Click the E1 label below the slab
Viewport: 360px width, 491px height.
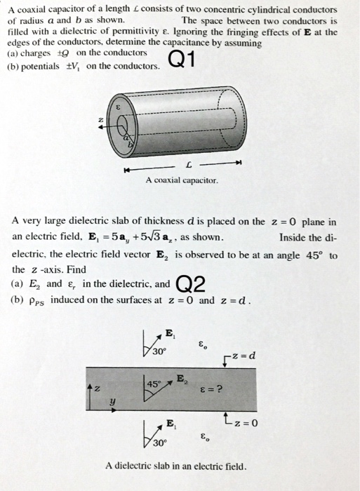coord(170,421)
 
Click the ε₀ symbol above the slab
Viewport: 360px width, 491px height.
coord(203,344)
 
